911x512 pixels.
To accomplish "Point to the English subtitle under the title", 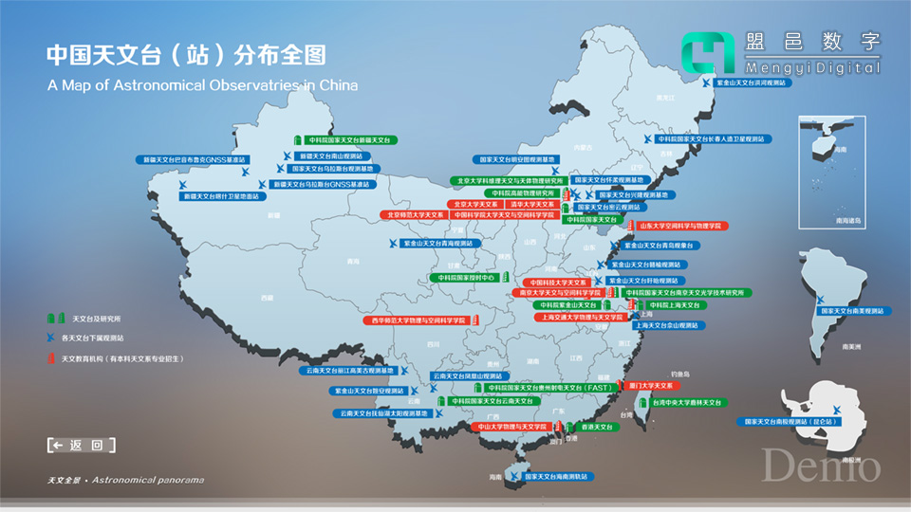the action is point(202,85).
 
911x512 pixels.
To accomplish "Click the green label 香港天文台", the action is point(598,428).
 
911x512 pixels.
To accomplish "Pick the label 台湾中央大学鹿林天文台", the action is point(688,403).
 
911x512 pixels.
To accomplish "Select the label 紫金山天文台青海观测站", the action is point(441,244).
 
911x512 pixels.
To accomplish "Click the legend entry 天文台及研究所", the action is point(91,318).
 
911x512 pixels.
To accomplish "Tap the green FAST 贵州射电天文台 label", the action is point(550,388).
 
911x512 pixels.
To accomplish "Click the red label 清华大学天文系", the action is point(531,204).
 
